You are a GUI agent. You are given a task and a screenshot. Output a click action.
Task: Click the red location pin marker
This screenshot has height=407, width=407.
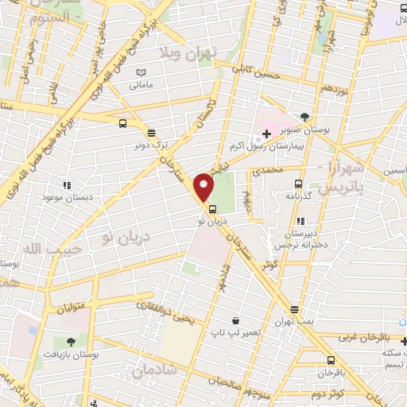click(x=204, y=187)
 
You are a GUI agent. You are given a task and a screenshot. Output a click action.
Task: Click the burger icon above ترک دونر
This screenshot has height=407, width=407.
click(x=151, y=134)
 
